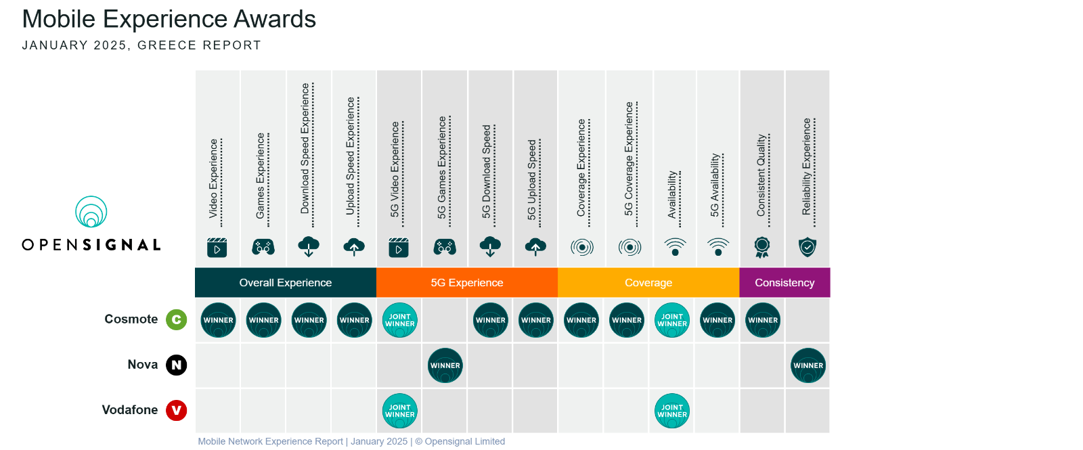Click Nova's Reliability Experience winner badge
tap(808, 365)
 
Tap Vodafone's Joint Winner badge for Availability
tap(672, 411)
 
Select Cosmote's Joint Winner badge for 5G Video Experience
tap(400, 320)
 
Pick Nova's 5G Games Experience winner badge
tap(445, 365)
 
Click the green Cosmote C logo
tap(177, 320)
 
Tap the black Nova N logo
tap(177, 365)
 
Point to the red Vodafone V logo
tap(177, 410)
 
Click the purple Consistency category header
tap(784, 283)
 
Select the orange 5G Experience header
tap(467, 283)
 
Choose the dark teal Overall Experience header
tap(286, 283)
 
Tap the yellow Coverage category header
tap(649, 283)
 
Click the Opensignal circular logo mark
tap(91, 211)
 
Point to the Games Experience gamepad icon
tap(263, 248)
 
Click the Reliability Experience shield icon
tap(808, 247)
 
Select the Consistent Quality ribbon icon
tap(762, 248)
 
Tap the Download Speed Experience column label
tap(305, 148)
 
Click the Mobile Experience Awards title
tap(169, 20)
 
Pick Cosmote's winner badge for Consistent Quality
tap(763, 320)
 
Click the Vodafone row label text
tap(129, 410)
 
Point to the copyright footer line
tap(351, 441)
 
